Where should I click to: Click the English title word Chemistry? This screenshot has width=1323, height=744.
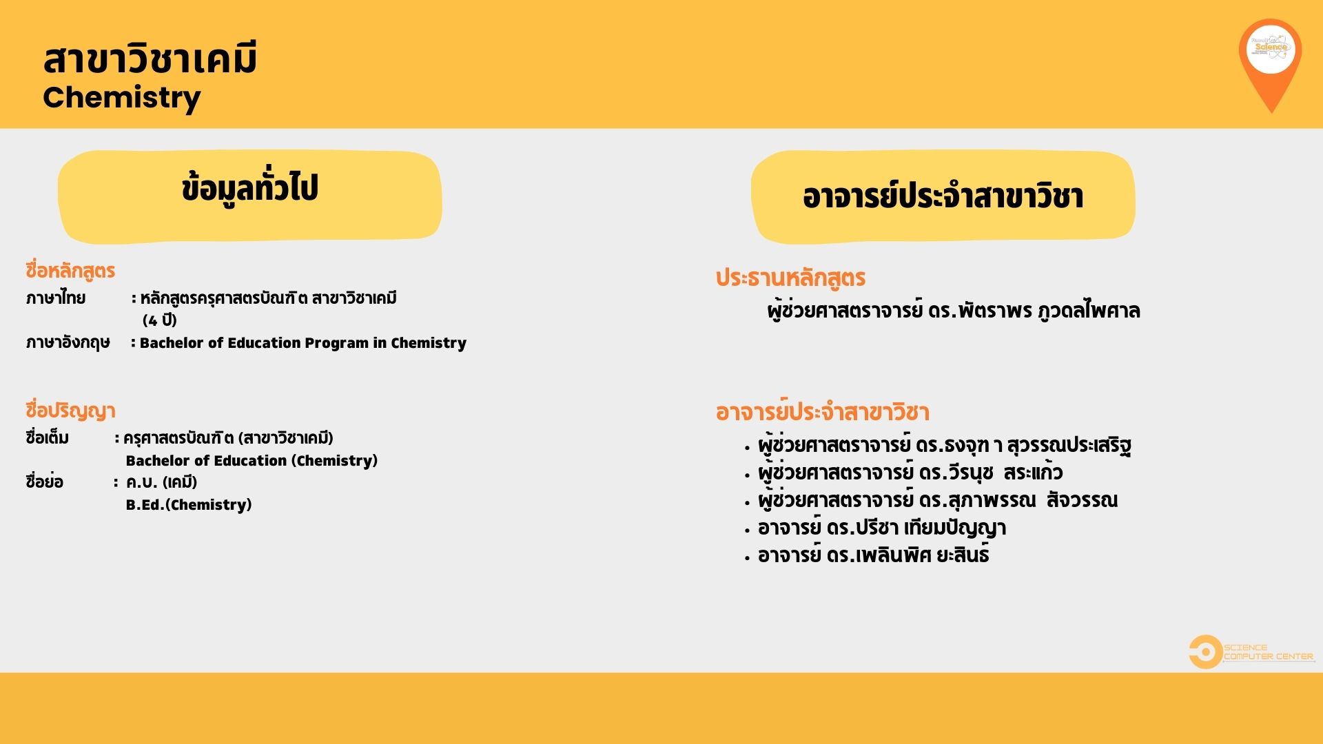[122, 98]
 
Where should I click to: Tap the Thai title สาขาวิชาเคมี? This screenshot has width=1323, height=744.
[150, 58]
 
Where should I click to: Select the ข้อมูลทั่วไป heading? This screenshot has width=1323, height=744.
[249, 189]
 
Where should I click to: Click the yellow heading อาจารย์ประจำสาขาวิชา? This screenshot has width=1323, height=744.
[943, 197]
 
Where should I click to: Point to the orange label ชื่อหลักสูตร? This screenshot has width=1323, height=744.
[70, 271]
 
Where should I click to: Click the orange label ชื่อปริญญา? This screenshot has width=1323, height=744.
[70, 411]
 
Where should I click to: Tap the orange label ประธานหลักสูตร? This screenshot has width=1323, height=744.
[790, 278]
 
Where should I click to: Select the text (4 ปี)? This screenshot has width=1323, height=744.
[160, 320]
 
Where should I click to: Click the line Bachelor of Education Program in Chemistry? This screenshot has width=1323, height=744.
[303, 343]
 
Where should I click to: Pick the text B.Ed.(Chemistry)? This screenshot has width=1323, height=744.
[189, 505]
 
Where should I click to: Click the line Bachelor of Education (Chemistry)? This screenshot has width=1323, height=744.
[252, 461]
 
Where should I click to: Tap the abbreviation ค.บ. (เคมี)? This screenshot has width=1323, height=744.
[161, 482]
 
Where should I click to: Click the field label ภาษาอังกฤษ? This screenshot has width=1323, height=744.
[68, 343]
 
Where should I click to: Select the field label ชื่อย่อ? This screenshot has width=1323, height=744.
[44, 482]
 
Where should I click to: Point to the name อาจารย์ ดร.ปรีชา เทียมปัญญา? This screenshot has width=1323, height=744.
[882, 528]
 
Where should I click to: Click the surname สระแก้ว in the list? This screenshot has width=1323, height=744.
[1033, 473]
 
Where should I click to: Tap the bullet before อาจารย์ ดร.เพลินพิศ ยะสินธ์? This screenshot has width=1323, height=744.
[747, 558]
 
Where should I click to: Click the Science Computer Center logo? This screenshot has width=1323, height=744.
[1251, 652]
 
